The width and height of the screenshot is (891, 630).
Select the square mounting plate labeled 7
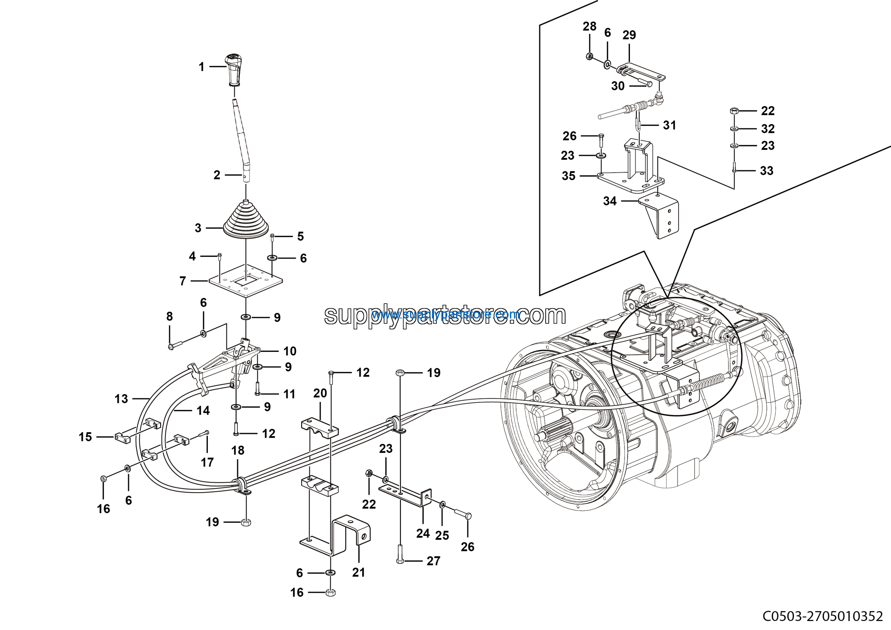(x=245, y=281)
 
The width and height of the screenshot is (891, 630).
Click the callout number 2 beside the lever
(x=217, y=175)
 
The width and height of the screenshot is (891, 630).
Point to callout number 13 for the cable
(x=121, y=399)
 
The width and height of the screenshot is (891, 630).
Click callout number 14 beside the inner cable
(x=203, y=410)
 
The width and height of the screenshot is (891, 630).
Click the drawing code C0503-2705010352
(x=822, y=616)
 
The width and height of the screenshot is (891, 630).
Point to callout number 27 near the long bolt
(x=433, y=561)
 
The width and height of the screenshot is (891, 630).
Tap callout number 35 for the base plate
(x=568, y=176)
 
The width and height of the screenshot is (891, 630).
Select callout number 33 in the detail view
(x=766, y=170)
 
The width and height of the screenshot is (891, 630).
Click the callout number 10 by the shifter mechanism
(x=290, y=351)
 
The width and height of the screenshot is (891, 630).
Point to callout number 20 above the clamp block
(x=320, y=393)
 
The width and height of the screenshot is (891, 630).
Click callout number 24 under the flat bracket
(x=423, y=533)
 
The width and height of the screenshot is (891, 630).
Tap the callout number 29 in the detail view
(x=629, y=35)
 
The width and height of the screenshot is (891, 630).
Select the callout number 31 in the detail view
(x=669, y=125)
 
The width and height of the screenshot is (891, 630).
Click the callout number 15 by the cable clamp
(x=85, y=437)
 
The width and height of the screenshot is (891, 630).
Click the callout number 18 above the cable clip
(x=238, y=450)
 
